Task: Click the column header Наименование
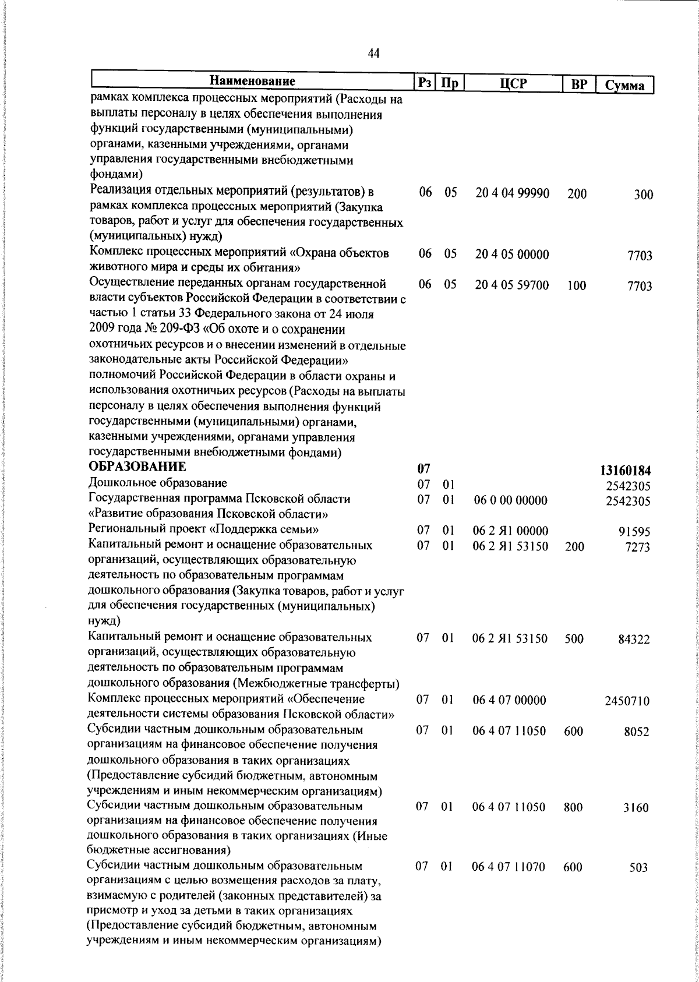pos(252,80)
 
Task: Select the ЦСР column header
pos(513,83)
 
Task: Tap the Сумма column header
pos(624,86)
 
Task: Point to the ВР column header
pos(579,84)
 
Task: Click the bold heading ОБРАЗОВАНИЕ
pos(137,467)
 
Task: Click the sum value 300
pos(643,195)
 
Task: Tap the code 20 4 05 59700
pos(512,285)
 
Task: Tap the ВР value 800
pos(574,807)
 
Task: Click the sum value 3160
pos(636,808)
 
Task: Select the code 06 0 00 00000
pos(510,500)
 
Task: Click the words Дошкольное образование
pos(157,483)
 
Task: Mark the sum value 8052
pos(636,732)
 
